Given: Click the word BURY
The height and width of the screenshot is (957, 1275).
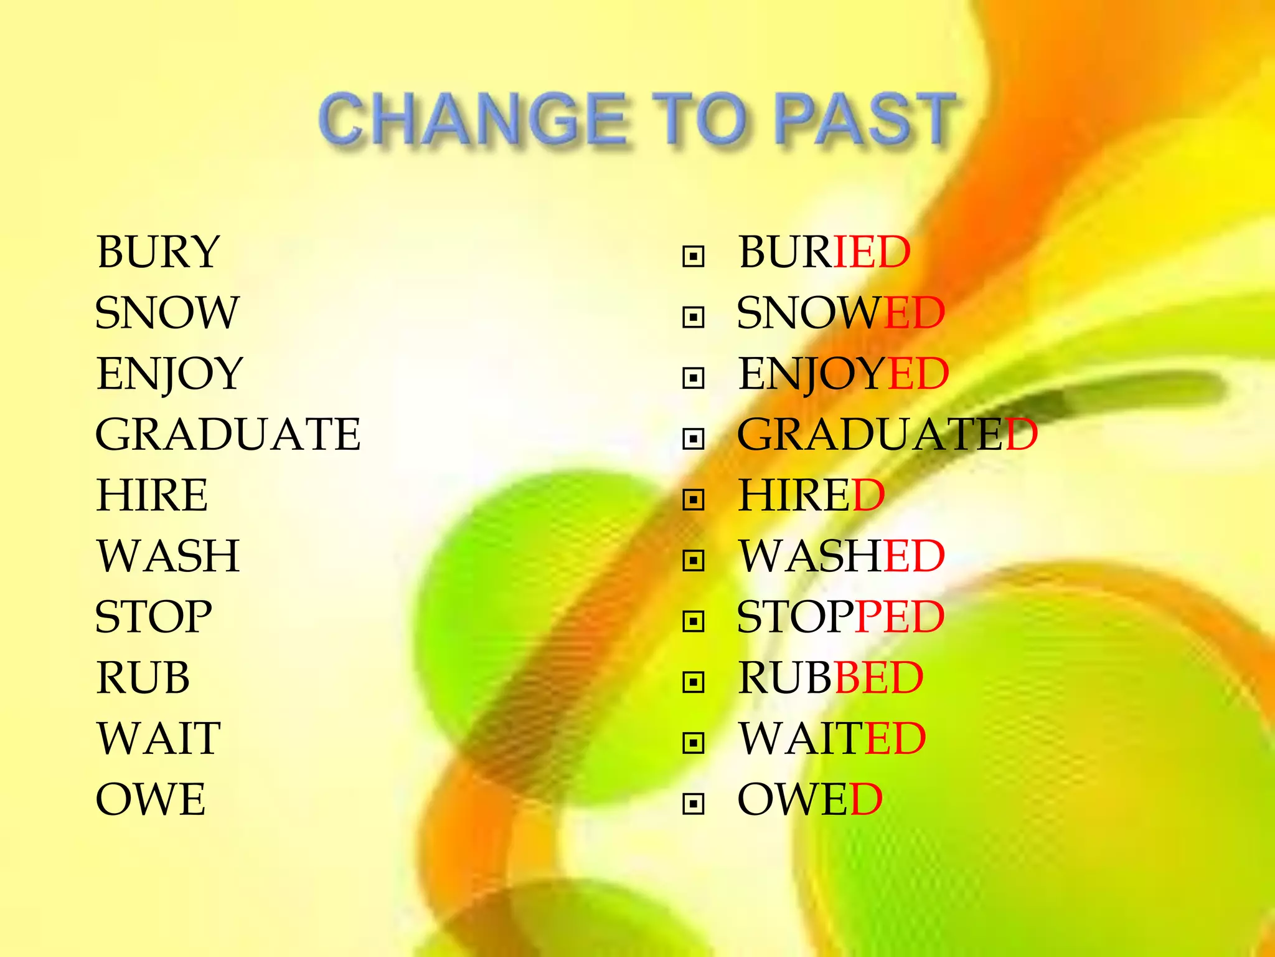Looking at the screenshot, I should tap(158, 252).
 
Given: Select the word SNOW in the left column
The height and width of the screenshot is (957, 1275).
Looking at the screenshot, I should tap(167, 312).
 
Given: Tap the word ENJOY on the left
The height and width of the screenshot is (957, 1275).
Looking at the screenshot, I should tap(169, 373).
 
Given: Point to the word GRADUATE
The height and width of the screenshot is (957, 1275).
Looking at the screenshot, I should tap(228, 434).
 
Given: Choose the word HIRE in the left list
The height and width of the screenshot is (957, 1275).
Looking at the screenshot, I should tap(152, 495).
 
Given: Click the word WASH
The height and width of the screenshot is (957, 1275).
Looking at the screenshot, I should tap(168, 556).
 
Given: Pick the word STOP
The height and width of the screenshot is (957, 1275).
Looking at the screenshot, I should tap(154, 617).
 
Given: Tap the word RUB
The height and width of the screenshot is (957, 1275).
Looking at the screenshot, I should tap(143, 677).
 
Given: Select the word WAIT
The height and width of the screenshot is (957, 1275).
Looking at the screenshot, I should tap(159, 738).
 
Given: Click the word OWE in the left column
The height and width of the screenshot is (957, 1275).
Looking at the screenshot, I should tap(151, 799).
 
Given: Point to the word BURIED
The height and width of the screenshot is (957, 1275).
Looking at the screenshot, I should tap(824, 252).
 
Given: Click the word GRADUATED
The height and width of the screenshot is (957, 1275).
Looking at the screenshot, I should tap(887, 434).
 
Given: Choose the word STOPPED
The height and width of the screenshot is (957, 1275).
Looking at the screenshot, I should tap(840, 617).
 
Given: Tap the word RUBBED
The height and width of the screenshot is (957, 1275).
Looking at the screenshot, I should tap(830, 677).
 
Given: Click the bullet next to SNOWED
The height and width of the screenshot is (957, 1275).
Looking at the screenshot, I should tap(693, 317).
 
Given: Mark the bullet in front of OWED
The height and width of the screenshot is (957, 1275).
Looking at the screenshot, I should tap(693, 804).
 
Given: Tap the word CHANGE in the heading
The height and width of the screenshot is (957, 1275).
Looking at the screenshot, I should tap(473, 118).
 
